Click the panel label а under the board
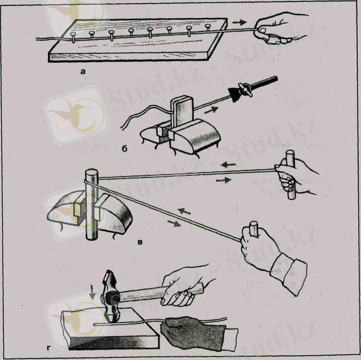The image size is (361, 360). coord(83,72)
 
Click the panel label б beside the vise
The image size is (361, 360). coord(124,149)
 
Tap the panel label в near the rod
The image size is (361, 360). coord(140,242)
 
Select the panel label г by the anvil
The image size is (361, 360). coord(49,348)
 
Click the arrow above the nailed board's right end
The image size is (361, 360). coord(239,22)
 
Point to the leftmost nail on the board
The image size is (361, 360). coord(73,37)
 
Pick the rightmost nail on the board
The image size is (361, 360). coord(208,27)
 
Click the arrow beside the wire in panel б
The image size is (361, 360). coord(211,110)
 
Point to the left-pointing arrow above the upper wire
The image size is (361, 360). coord(228,164)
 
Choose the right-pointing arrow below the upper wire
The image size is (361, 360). coord(224,180)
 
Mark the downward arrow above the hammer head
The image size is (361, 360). coord(92,293)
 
